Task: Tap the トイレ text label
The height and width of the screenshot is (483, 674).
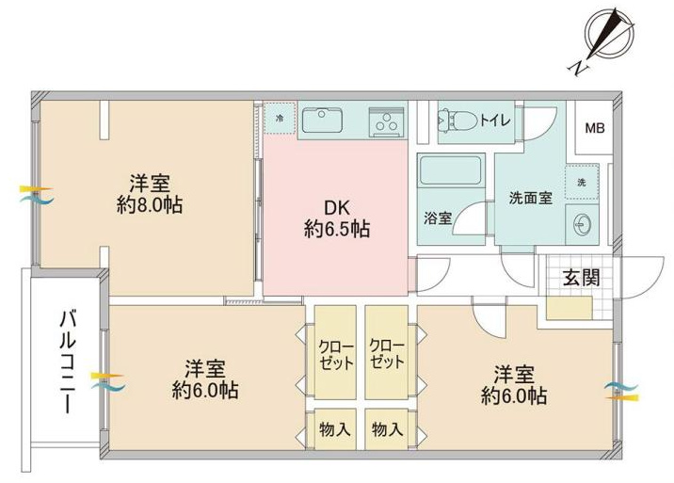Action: (x=495, y=120)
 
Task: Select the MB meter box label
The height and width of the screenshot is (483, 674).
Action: (x=595, y=128)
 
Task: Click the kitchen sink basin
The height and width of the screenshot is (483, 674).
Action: (x=323, y=120)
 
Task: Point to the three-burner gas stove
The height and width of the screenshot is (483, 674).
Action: (x=387, y=121)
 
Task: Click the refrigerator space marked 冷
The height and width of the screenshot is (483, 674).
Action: (x=280, y=118)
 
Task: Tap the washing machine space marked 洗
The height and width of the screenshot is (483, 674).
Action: (x=582, y=182)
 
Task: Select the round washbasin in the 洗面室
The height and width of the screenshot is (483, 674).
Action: (x=583, y=225)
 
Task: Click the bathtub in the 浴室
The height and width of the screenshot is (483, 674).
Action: (x=451, y=170)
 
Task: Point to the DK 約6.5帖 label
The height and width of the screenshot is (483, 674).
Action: (x=337, y=219)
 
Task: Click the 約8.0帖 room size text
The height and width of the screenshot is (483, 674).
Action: (x=150, y=205)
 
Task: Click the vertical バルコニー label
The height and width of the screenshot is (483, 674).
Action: (x=68, y=362)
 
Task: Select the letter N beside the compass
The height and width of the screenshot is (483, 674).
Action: (x=578, y=69)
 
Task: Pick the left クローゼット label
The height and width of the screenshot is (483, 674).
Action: (x=336, y=356)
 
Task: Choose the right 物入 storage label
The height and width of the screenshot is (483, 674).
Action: (x=387, y=429)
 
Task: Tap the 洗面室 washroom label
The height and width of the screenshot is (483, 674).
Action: (x=530, y=198)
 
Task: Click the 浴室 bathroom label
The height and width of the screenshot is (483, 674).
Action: (x=438, y=218)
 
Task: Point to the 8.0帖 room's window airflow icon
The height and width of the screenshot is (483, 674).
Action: (x=36, y=194)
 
